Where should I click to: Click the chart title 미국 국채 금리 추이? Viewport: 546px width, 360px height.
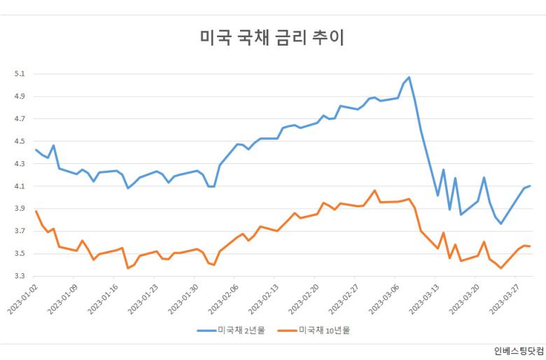point(272,37)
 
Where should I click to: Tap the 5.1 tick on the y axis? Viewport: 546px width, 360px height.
point(19,74)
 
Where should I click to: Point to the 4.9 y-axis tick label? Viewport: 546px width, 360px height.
point(19,96)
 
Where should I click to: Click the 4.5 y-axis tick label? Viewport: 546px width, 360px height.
point(19,141)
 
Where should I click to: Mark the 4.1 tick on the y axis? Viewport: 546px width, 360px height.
point(19,186)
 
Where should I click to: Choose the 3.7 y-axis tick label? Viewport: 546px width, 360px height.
point(19,231)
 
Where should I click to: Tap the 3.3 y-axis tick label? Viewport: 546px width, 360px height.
point(19,276)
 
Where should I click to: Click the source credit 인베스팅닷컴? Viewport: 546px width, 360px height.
point(517,351)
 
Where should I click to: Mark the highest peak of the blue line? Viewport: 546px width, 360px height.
point(409,77)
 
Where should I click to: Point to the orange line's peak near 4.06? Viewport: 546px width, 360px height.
point(374,191)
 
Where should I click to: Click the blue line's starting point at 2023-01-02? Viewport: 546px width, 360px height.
point(36,149)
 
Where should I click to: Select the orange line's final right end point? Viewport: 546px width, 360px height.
point(530,246)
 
